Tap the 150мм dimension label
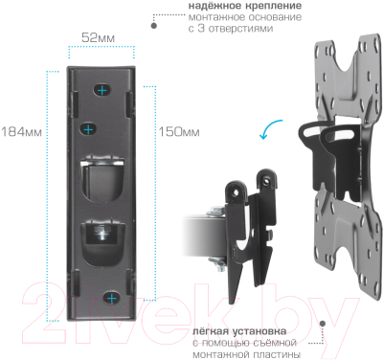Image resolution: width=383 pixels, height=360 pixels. click(178, 131)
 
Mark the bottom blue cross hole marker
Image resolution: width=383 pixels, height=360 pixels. click(113, 299)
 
